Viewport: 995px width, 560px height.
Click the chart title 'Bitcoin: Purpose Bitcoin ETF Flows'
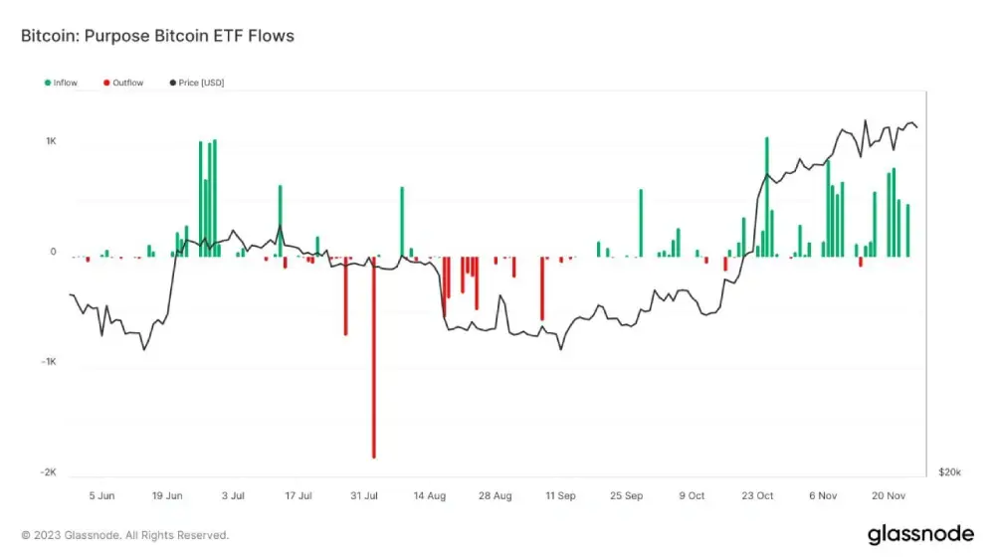click(x=157, y=36)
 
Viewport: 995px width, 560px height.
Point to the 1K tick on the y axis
click(x=51, y=141)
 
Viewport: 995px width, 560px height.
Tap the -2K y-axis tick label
click(x=49, y=472)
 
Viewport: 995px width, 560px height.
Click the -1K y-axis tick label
click(x=49, y=362)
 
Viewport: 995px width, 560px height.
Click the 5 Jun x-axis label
click(x=101, y=494)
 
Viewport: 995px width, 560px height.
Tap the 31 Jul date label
click(x=365, y=494)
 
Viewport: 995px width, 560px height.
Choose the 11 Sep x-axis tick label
click(x=560, y=494)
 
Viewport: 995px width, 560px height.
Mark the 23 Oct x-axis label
click(x=757, y=494)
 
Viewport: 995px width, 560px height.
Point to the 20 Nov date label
click(x=889, y=494)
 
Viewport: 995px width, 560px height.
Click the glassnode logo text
click(x=920, y=534)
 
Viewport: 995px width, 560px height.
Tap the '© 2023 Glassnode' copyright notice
click(x=125, y=535)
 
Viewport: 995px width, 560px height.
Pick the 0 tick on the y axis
click(x=54, y=252)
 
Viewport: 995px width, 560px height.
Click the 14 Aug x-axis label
click(x=430, y=494)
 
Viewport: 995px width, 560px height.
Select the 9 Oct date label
click(x=692, y=494)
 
